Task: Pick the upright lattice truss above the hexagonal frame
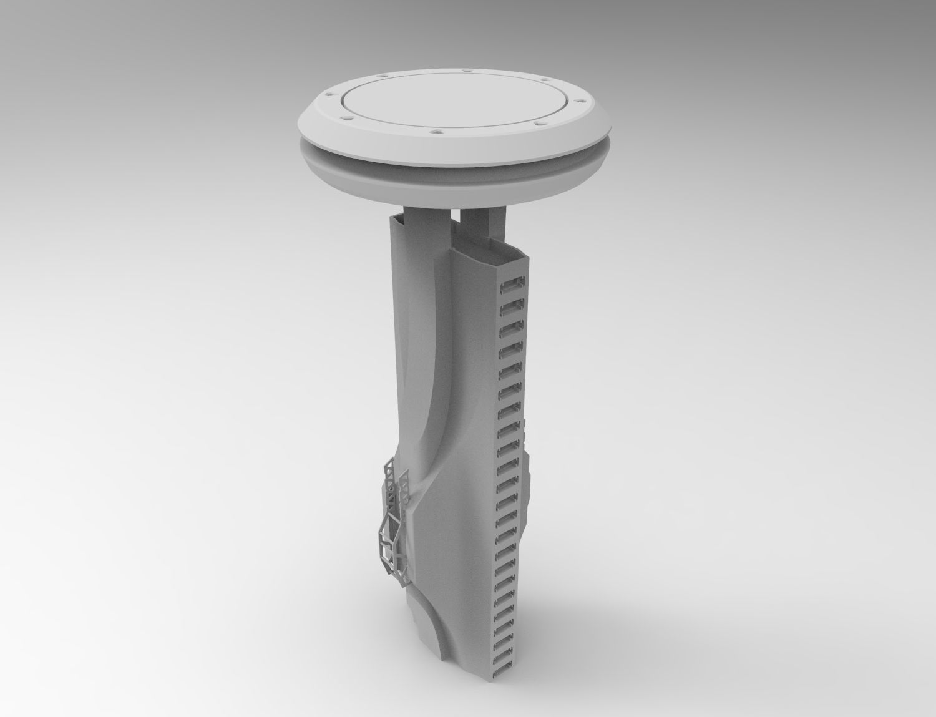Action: [390, 480]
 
